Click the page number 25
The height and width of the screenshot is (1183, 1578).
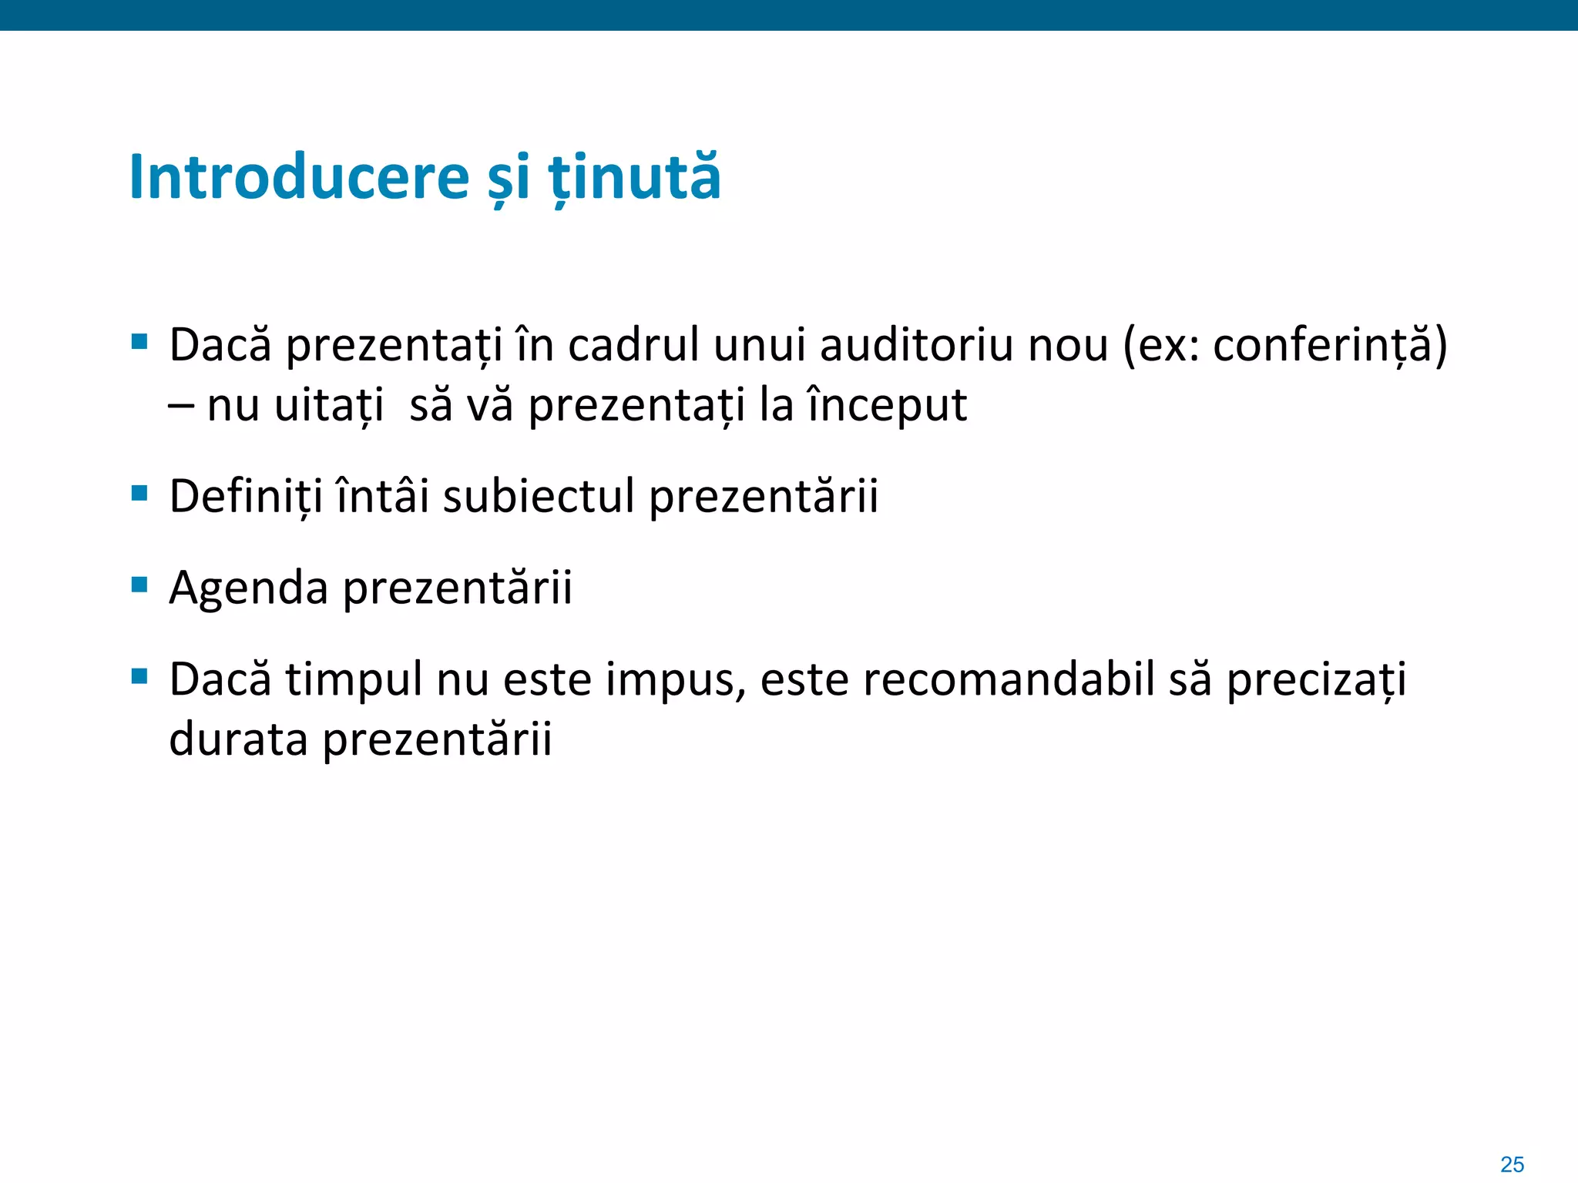coord(1512,1165)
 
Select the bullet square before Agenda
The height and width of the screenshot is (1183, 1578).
coord(139,585)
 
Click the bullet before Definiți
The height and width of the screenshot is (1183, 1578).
coord(139,493)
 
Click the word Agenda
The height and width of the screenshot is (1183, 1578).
coord(248,588)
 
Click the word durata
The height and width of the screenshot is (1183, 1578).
coord(238,739)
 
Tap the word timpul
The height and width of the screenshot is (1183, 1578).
coord(354,681)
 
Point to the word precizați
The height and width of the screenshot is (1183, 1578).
coord(1316,681)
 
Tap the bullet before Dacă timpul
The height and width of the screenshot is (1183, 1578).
coord(139,677)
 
